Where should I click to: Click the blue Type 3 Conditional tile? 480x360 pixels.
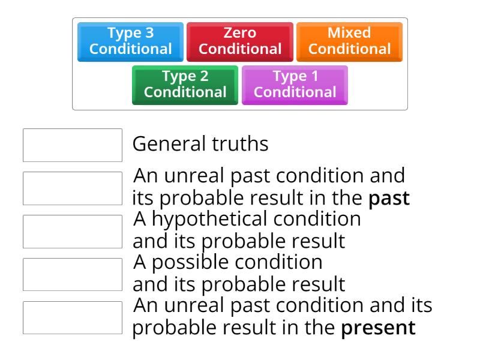click(x=130, y=41)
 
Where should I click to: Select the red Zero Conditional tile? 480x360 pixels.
click(x=240, y=41)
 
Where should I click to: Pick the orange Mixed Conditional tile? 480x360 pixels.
click(x=349, y=41)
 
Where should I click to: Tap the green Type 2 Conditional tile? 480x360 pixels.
click(x=185, y=85)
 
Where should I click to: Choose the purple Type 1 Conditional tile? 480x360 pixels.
click(x=295, y=85)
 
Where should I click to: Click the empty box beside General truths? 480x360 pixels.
click(x=73, y=145)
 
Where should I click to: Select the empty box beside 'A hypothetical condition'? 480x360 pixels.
click(x=73, y=231)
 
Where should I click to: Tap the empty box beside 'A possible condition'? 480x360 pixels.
click(x=73, y=274)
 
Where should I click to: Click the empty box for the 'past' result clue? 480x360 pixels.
click(x=73, y=188)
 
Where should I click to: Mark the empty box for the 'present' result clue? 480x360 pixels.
click(x=73, y=317)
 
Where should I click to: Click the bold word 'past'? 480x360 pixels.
click(x=389, y=199)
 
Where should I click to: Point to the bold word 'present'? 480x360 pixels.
click(x=378, y=328)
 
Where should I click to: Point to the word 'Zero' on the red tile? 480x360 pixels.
click(x=240, y=33)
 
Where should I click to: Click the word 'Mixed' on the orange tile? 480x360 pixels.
click(x=349, y=33)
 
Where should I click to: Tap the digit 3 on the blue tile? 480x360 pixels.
click(x=149, y=33)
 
